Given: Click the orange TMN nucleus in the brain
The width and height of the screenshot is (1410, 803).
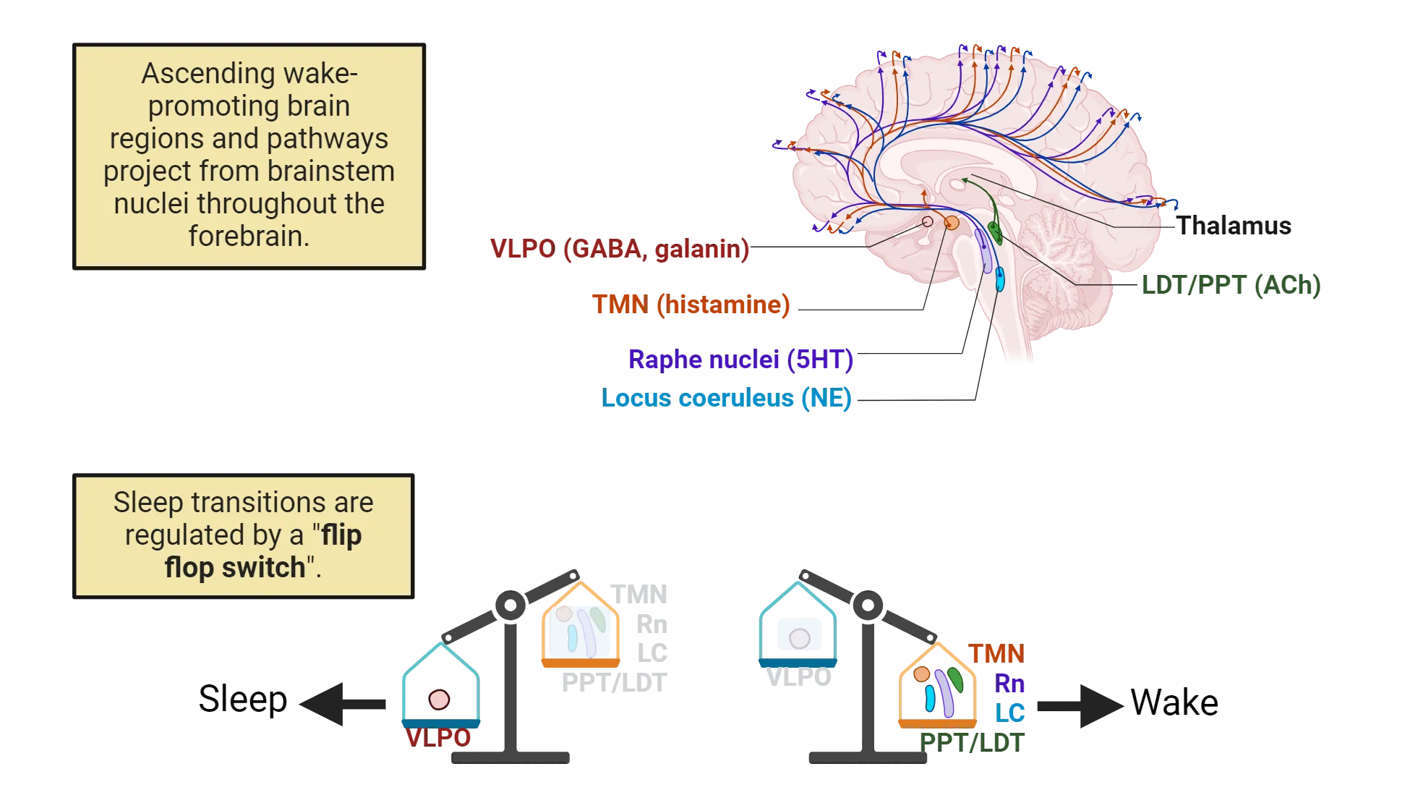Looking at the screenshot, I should pyautogui.click(x=952, y=223).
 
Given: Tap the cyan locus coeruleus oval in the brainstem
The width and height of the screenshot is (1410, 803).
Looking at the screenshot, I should pyautogui.click(x=999, y=279).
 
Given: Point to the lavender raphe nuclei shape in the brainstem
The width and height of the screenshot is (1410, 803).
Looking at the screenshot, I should pyautogui.click(x=982, y=250).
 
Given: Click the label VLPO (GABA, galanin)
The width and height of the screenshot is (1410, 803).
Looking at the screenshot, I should pyautogui.click(x=620, y=250).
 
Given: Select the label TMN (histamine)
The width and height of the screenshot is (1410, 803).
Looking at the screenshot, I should pyautogui.click(x=691, y=305).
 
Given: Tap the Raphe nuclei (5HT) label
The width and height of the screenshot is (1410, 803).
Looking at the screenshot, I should pyautogui.click(x=740, y=359).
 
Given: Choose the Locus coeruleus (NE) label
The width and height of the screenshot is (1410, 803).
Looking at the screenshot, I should pyautogui.click(x=726, y=398).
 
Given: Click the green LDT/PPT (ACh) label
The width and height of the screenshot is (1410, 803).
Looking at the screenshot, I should pyautogui.click(x=1231, y=284).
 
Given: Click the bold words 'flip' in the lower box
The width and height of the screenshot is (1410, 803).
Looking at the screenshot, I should pyautogui.click(x=341, y=535).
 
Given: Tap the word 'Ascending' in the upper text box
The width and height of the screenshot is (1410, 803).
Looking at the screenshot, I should pyautogui.click(x=199, y=73).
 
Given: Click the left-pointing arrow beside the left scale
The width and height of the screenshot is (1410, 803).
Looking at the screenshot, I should pyautogui.click(x=340, y=703).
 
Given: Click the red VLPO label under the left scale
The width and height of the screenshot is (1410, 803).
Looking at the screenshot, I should pyautogui.click(x=438, y=738).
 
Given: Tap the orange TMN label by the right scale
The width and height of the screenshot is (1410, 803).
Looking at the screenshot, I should pyautogui.click(x=996, y=654).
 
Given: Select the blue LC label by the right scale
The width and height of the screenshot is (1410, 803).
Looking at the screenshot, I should pyautogui.click(x=1009, y=712).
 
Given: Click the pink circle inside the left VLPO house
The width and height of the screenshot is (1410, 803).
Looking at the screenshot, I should pyautogui.click(x=439, y=700).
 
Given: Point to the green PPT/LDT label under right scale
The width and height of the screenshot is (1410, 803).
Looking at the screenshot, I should pyautogui.click(x=973, y=742).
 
